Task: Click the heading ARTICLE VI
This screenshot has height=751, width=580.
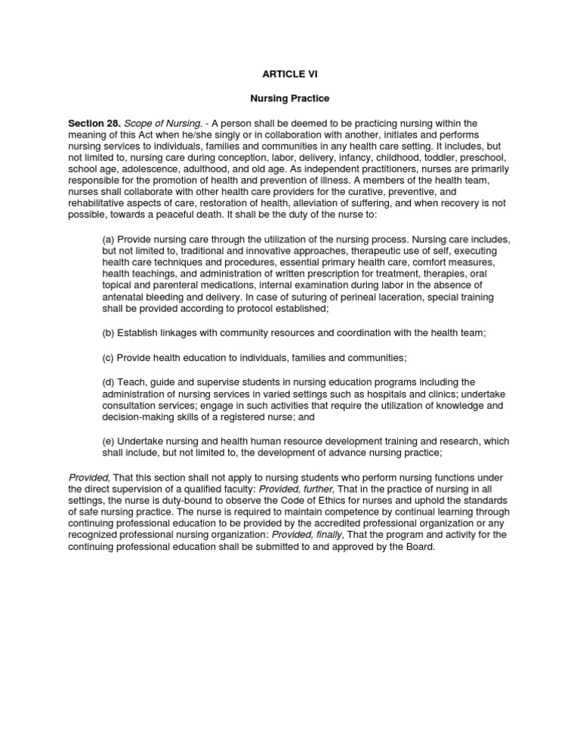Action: pyautogui.click(x=289, y=75)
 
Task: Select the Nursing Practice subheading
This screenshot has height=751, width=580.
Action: pyautogui.click(x=289, y=99)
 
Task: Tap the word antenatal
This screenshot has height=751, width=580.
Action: pyautogui.click(x=123, y=298)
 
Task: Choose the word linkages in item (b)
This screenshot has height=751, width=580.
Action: pyautogui.click(x=179, y=332)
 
